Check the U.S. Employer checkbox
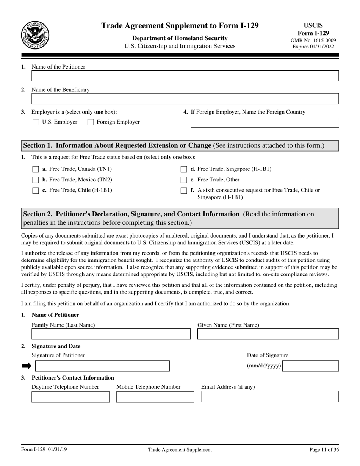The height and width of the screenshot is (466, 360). tap(36, 122)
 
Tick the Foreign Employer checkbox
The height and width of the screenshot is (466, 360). tap(91, 122)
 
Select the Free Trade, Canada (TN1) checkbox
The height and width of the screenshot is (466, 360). tap(36, 169)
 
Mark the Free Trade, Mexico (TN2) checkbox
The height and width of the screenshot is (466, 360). tap(36, 180)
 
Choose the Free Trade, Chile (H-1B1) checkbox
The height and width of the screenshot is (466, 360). tap(36, 191)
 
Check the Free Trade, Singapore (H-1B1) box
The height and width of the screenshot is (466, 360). tap(184, 169)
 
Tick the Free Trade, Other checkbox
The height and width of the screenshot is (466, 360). tap(184, 180)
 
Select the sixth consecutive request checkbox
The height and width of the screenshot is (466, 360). tap(184, 191)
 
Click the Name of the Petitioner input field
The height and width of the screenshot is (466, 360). tap(185, 76)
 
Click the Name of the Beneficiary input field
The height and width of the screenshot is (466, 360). tap(185, 99)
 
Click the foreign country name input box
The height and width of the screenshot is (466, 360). tap(265, 122)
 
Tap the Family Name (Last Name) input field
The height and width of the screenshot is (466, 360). tap(111, 334)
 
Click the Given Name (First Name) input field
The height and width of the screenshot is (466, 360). tap(268, 334)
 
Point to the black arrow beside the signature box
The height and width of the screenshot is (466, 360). tap(26, 366)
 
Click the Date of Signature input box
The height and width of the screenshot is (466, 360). tap(311, 366)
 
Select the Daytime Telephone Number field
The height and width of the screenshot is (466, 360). tap(70, 397)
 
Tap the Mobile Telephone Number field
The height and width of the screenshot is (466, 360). tap(155, 397)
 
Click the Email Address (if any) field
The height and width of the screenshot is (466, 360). tap(270, 397)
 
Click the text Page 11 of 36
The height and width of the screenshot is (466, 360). tap(324, 450)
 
